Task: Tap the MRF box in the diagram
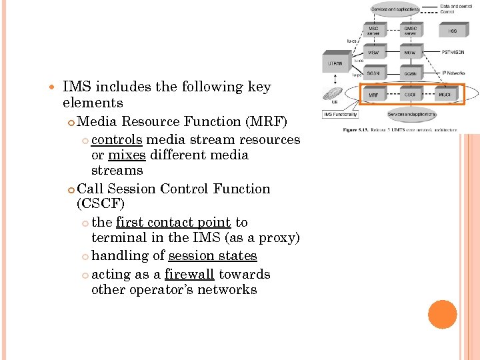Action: pos(374,95)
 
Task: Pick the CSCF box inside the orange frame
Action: pos(411,95)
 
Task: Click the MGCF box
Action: pos(445,95)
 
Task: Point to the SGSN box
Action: pos(374,73)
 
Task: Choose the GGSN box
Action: pos(411,73)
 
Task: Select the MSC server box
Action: pos(374,31)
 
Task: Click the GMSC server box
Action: pos(411,31)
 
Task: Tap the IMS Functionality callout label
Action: pos(341,115)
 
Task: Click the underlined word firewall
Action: pos(189,274)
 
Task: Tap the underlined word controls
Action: pos(117,139)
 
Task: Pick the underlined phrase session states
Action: pos(213,255)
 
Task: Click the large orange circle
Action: pos(443,314)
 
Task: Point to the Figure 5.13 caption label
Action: pos(357,129)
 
